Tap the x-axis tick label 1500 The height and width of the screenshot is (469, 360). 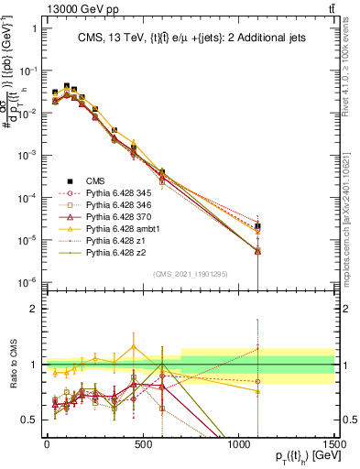(333, 444)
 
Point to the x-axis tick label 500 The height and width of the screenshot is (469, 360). (142, 444)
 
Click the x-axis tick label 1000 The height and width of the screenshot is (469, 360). (238, 444)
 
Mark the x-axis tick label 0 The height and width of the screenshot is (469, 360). (47, 444)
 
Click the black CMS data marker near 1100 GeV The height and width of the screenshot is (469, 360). (258, 226)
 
